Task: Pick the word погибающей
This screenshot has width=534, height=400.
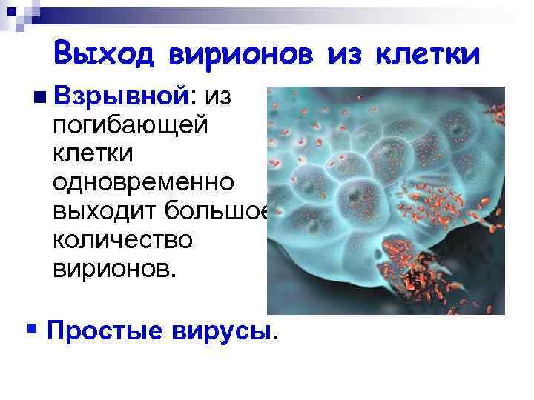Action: click(x=131, y=125)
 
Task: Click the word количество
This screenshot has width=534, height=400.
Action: click(x=122, y=239)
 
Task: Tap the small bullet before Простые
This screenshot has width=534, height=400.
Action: click(x=30, y=327)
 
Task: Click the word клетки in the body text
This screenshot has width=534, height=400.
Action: click(x=93, y=153)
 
